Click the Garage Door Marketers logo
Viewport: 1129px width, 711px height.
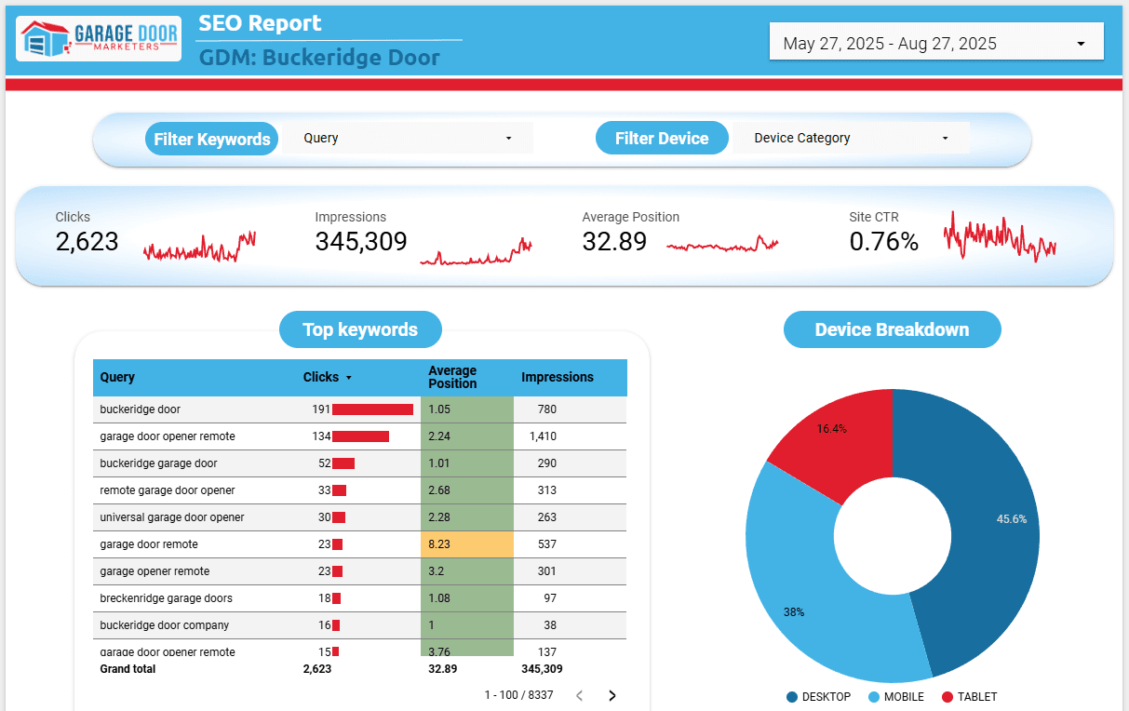[x=99, y=39]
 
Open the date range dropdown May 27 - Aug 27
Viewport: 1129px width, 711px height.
[x=935, y=43]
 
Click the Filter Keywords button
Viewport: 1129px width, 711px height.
[x=212, y=139]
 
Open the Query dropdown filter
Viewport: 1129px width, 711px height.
[x=408, y=138]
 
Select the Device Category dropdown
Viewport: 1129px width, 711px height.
[x=851, y=138]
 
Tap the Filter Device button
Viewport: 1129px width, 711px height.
[x=662, y=139]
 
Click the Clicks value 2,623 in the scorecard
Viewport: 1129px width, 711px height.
[x=87, y=242]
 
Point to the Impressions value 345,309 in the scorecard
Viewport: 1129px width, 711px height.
[x=361, y=242]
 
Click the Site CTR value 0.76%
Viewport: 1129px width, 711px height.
[x=883, y=242]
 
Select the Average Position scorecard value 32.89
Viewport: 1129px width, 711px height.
[x=614, y=242]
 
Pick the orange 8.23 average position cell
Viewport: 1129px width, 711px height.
[x=466, y=544]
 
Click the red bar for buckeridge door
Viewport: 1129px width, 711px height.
[x=372, y=409]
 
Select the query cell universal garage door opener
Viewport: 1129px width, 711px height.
[x=172, y=517]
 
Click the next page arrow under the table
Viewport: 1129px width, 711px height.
[x=612, y=695]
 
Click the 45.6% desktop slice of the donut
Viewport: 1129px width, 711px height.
[x=987, y=521]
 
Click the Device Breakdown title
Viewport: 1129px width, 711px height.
[x=892, y=329]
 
